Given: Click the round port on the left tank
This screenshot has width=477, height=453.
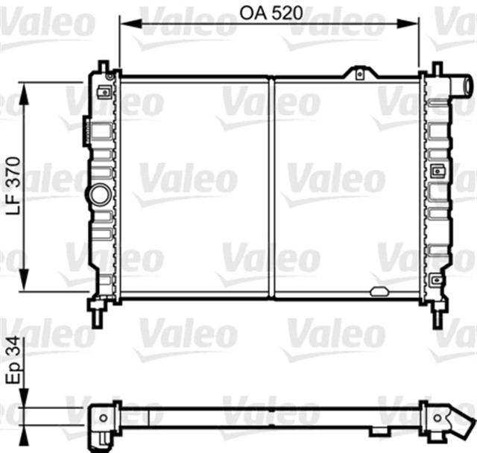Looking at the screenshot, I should coord(99,195).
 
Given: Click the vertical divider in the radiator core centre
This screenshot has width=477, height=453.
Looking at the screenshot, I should coord(271,186).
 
